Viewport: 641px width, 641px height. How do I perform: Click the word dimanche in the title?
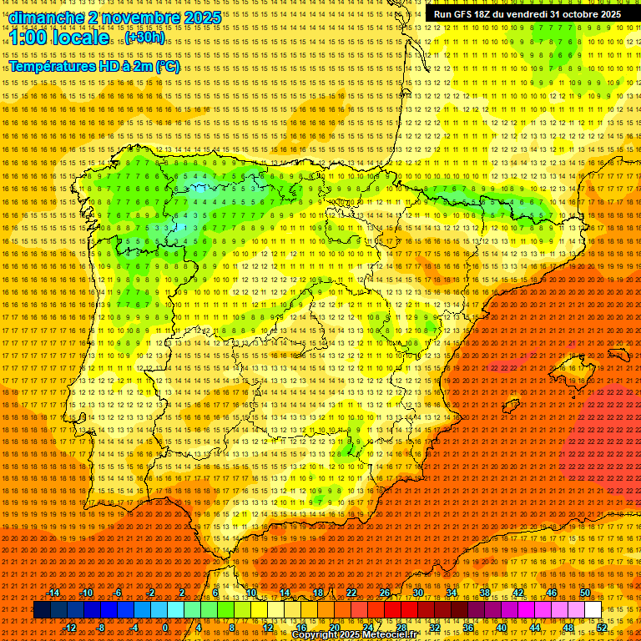pos(47,18)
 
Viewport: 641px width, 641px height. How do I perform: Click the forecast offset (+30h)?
pos(144,38)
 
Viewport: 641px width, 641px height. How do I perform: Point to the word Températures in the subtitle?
pos(53,67)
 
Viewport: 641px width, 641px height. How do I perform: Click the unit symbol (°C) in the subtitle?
pos(167,67)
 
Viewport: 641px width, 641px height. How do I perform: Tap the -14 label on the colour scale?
pos(53,593)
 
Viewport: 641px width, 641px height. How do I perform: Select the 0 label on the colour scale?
pos(165,628)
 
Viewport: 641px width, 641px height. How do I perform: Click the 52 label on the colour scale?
pos(601,628)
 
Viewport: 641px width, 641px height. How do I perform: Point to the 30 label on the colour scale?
pos(417,593)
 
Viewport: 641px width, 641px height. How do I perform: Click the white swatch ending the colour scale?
pos(593,610)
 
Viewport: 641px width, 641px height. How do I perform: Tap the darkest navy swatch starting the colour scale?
pos(42,610)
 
